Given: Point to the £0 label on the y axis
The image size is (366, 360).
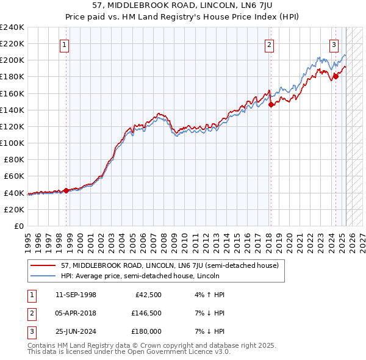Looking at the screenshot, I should tap(18, 226).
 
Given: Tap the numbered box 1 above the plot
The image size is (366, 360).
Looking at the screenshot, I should tap(64, 44).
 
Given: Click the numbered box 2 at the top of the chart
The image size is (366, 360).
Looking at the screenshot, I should tap(269, 44).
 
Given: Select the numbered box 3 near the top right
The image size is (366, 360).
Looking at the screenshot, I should tap(334, 44).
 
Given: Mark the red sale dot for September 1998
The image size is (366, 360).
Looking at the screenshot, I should tap(66, 190).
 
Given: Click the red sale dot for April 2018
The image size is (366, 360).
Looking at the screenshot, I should tap(271, 104).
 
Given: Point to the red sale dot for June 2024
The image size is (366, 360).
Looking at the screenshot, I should tap(335, 76).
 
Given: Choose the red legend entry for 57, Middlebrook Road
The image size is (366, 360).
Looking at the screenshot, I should tap(170, 265).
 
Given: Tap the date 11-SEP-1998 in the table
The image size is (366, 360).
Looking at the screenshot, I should tap(79, 295).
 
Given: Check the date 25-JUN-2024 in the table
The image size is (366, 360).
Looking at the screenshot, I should tap(79, 331).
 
